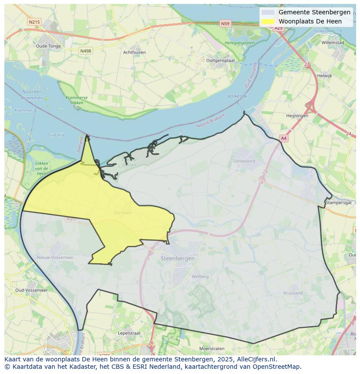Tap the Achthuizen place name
(134, 53)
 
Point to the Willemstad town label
(333, 43)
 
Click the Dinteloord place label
(244, 161)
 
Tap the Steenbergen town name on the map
(177, 258)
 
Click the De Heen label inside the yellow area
(123, 213)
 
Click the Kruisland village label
(293, 293)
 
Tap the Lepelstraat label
(129, 333)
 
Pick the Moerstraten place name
(212, 349)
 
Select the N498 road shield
(86, 51)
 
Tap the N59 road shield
(225, 24)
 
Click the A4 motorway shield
(283, 138)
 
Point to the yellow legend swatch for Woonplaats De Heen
(268, 21)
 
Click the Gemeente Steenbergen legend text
(314, 12)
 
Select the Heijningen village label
(297, 116)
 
